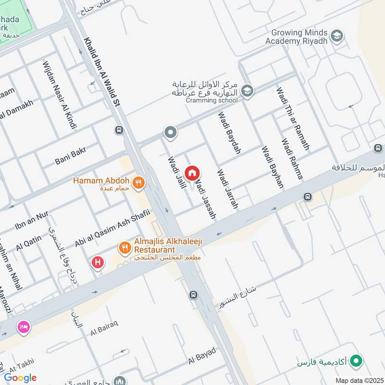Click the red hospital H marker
pos(98,263)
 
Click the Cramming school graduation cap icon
pos(247,90)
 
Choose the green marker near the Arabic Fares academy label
pos(356,359)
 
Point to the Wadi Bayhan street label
pos(272,167)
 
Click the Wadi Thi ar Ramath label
pos(293,118)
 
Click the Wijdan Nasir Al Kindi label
pos(59,95)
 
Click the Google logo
pos(20,377)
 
